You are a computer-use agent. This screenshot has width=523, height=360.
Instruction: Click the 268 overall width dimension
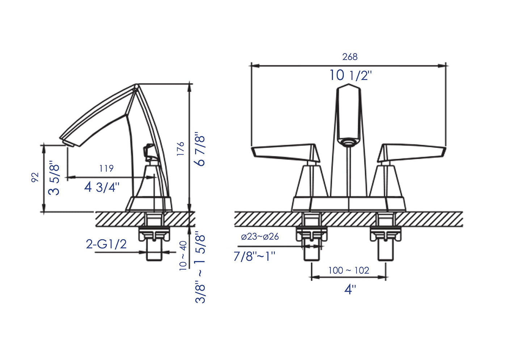pyautogui.click(x=350, y=57)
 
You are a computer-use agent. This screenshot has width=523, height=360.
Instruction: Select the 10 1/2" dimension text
pyautogui.click(x=350, y=75)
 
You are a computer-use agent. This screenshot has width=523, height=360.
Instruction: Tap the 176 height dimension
pyautogui.click(x=181, y=149)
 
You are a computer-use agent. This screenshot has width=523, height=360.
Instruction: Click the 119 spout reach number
pyautogui.click(x=106, y=168)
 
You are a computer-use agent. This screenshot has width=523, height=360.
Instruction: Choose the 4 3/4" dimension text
pyautogui.click(x=102, y=187)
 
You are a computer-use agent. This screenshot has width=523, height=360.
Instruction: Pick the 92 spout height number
pyautogui.click(x=35, y=177)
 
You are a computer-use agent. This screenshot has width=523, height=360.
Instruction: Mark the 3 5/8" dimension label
pyautogui.click(x=54, y=177)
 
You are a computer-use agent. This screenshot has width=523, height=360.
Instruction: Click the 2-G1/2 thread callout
pyautogui.click(x=106, y=244)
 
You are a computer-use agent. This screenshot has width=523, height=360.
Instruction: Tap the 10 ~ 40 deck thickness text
pyautogui.click(x=183, y=256)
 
